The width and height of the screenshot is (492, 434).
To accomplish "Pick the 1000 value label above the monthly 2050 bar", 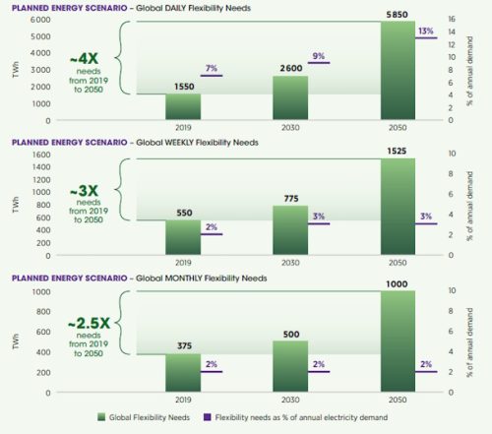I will (397, 283).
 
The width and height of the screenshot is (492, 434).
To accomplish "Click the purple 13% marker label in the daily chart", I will (425, 31).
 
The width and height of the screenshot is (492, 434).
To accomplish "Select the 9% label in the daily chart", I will (319, 56).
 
